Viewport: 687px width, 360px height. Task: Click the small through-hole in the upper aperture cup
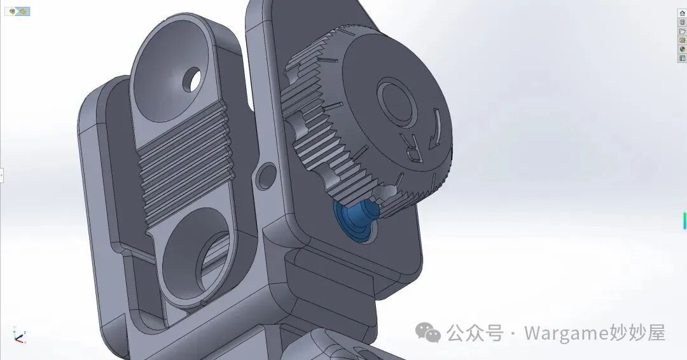191,80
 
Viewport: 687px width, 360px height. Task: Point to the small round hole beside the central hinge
266,176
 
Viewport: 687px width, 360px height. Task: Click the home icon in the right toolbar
682,13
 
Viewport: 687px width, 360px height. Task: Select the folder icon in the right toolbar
682,31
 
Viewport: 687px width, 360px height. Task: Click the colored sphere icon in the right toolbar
682,49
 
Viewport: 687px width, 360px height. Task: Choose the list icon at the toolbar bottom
682,58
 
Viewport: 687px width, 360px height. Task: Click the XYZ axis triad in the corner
18,335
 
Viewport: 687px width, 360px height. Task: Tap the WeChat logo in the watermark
428,332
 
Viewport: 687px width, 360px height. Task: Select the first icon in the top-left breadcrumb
12,11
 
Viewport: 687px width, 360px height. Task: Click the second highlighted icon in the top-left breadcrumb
22,11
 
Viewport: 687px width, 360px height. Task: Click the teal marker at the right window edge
684,220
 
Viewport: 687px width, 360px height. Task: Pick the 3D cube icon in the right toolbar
682,22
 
